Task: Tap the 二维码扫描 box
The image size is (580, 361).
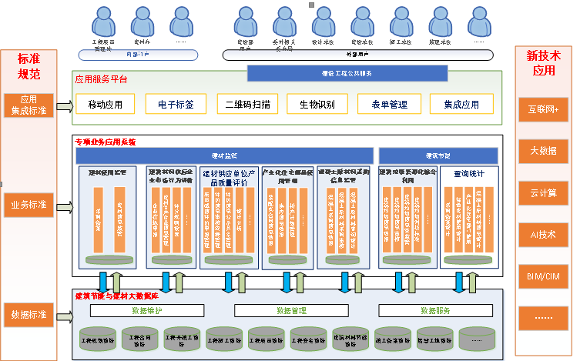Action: click(x=246, y=105)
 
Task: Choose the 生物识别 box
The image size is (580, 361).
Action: click(x=317, y=105)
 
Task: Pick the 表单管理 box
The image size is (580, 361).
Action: click(x=388, y=105)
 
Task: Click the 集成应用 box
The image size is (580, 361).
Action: click(x=461, y=105)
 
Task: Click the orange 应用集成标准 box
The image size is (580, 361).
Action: click(x=28, y=105)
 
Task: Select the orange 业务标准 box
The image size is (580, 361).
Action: click(x=28, y=206)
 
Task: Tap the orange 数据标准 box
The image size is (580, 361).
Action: click(x=28, y=315)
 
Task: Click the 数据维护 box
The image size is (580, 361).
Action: click(x=147, y=310)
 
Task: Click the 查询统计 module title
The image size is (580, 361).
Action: click(x=469, y=174)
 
